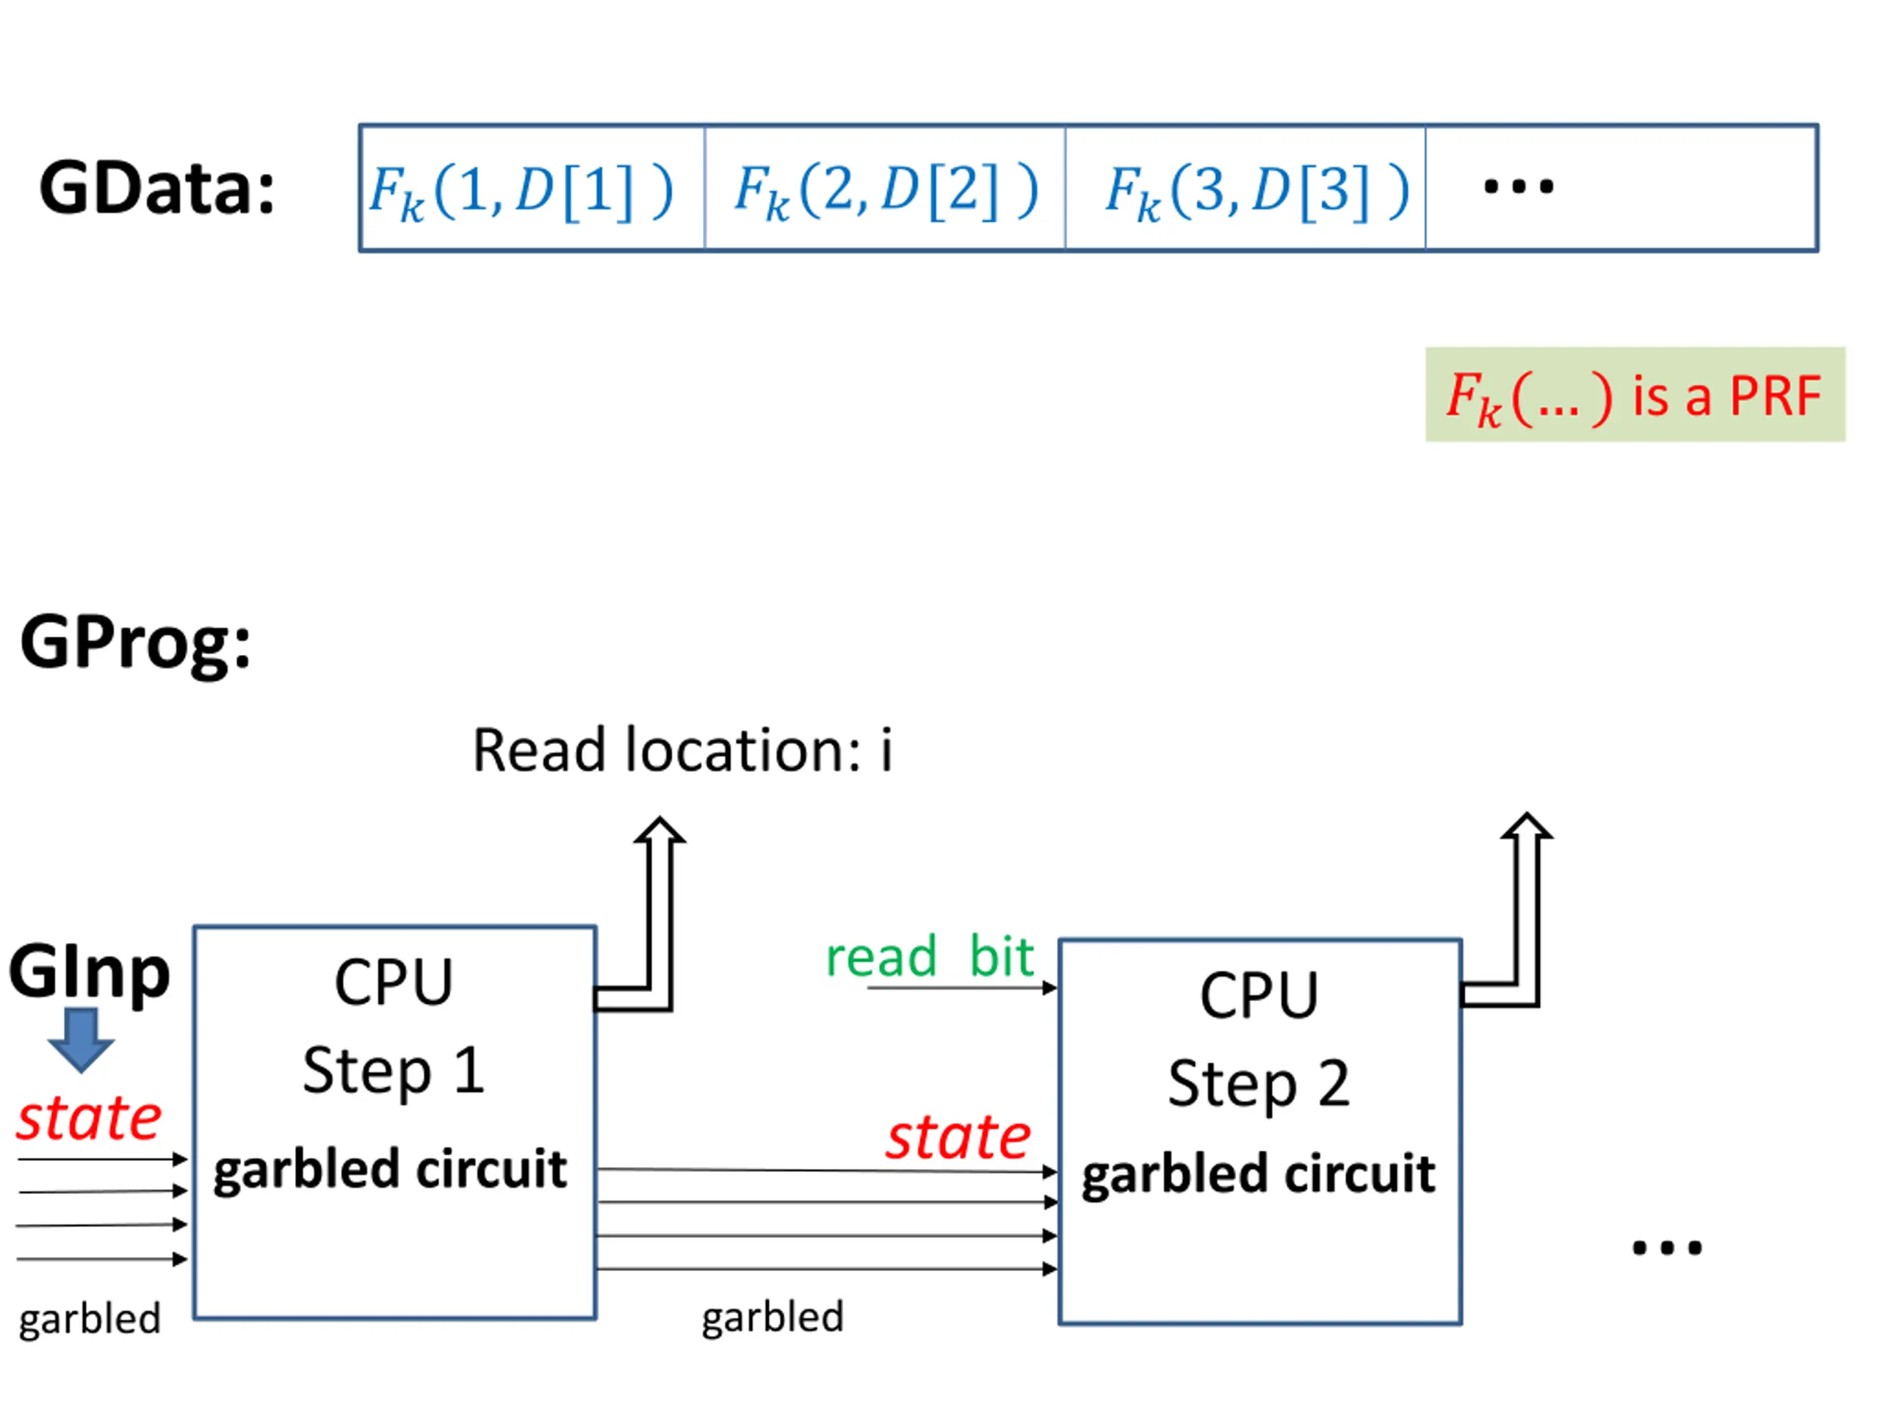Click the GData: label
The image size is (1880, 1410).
tap(157, 189)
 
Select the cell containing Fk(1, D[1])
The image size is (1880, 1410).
tap(531, 189)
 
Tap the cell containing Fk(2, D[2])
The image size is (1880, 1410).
tap(885, 189)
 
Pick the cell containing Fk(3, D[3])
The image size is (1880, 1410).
tap(1245, 189)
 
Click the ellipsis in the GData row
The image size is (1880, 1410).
tap(1518, 187)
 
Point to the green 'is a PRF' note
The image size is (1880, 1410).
tap(1635, 394)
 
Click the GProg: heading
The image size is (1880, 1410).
tap(136, 643)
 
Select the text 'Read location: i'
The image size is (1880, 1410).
tap(682, 751)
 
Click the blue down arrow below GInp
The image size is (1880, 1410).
tap(81, 1039)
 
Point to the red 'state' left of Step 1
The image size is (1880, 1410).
tap(90, 1118)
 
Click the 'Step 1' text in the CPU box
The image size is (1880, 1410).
tap(394, 1071)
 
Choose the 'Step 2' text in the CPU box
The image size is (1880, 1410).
tap(1259, 1084)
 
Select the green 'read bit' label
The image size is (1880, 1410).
tap(930, 957)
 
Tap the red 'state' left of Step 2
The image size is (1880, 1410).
tap(958, 1137)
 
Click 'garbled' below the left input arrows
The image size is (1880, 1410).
tap(90, 1319)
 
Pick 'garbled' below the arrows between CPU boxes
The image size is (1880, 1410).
tap(773, 1317)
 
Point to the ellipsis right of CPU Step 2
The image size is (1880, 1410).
tap(1667, 1248)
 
